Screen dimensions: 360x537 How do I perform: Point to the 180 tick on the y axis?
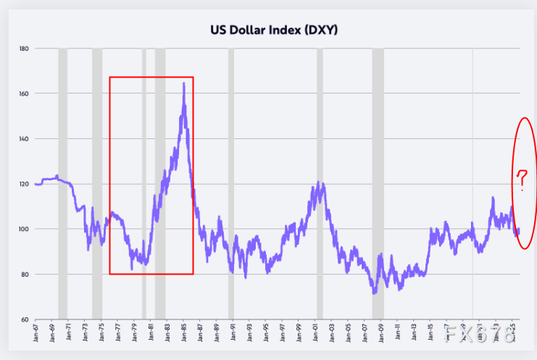24,49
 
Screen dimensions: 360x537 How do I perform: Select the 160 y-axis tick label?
24,93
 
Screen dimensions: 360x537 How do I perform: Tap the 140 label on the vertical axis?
24,138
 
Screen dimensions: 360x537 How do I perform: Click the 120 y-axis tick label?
24,184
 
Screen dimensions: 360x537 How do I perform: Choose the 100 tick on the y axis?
24,229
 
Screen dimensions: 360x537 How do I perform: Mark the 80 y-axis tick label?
25,275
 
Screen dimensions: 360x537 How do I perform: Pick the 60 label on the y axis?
25,319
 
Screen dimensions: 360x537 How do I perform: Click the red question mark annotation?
521,177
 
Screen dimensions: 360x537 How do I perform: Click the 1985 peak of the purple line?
183,83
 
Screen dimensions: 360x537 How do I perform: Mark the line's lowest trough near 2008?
374,293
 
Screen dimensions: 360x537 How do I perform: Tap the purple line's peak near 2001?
317,182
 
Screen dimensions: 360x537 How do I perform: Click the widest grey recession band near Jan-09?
378,181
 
